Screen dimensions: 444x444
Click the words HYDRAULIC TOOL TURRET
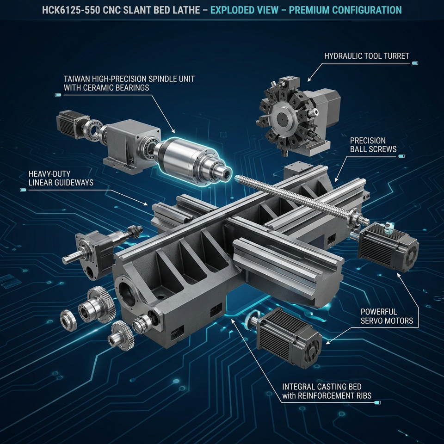click(367, 56)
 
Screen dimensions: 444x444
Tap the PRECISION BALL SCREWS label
click(373, 145)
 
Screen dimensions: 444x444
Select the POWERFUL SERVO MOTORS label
click(387, 316)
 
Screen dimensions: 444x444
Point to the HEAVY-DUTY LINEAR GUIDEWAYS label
click(61, 178)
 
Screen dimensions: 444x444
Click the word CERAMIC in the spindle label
click(97, 88)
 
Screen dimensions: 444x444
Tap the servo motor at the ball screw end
click(388, 247)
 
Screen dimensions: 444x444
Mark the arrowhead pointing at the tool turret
click(309, 80)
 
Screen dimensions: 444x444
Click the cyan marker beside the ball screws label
click(401, 156)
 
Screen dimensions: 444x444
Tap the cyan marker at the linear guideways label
click(23, 190)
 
